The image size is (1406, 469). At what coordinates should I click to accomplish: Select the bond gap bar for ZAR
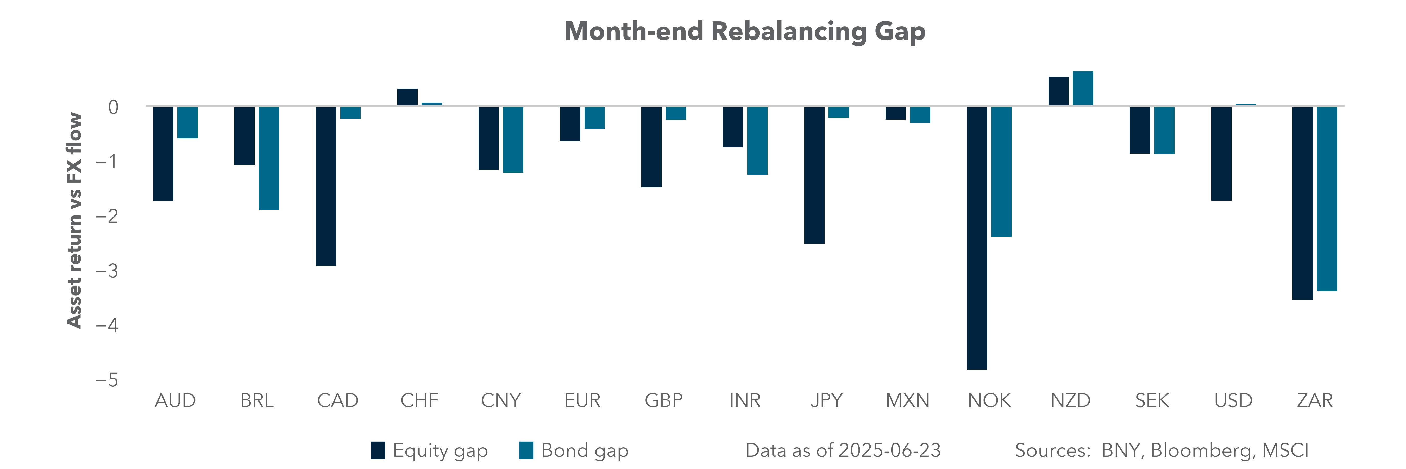1327,199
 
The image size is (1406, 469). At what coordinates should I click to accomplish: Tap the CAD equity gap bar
326,186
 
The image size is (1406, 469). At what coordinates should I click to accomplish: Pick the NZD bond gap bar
1083,88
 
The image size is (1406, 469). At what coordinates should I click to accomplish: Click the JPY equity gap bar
814,175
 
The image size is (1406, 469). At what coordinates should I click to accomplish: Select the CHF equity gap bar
407,97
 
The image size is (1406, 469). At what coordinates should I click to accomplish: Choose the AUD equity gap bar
163,153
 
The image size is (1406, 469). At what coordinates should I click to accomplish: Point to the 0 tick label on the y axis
113,107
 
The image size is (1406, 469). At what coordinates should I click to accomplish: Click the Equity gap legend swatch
378,451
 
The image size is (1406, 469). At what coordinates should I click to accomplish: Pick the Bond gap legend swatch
526,451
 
